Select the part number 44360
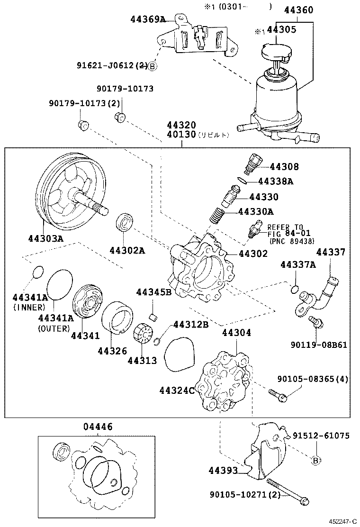coord(298,10)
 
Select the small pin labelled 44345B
coord(153,316)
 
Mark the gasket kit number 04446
coord(98,427)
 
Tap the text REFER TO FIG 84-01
coord(285,230)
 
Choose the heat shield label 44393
coord(223,470)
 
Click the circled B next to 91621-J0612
coord(152,67)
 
